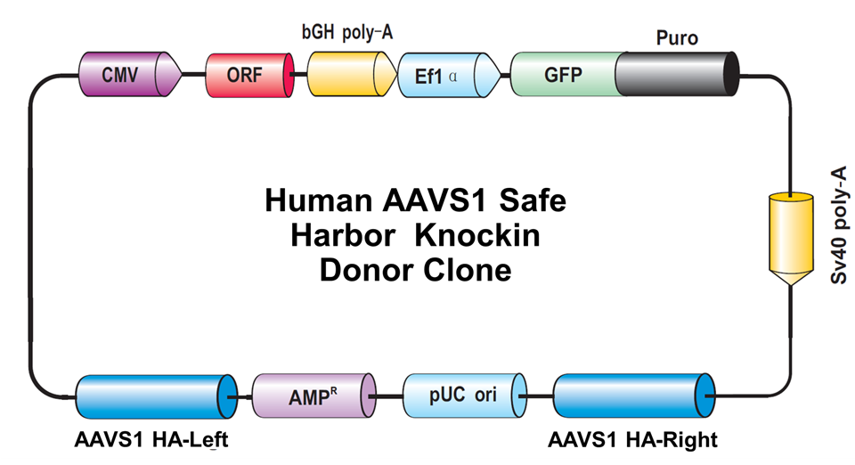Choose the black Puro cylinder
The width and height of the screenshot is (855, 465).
tap(677, 74)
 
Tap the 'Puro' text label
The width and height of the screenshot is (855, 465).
tap(677, 38)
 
